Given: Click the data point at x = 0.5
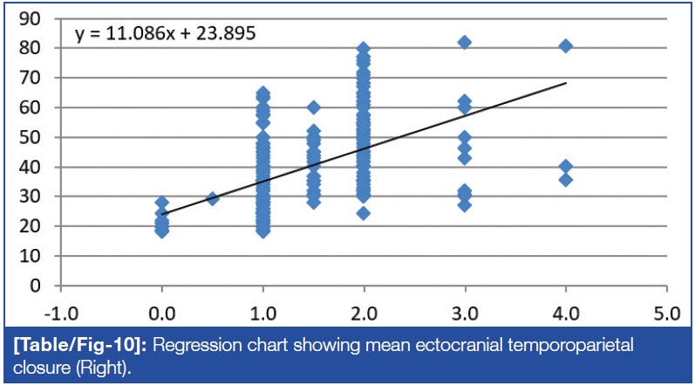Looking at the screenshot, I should click(212, 199).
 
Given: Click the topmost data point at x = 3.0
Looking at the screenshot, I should click(464, 42).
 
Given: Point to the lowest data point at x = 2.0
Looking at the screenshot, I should click(364, 213).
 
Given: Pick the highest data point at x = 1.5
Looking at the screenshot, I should click(313, 107).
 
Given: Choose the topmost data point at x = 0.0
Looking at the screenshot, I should click(162, 203).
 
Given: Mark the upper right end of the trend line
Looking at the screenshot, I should click(566, 83).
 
